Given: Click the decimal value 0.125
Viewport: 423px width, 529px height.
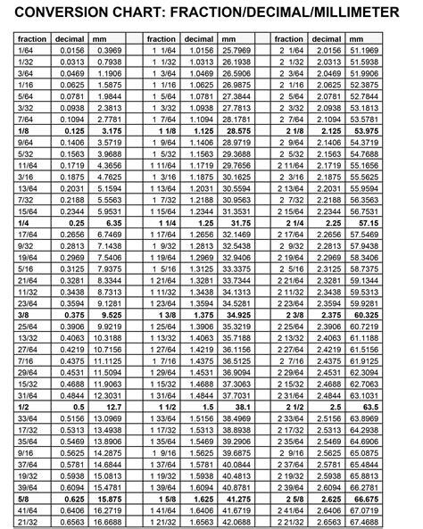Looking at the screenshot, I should (72, 130).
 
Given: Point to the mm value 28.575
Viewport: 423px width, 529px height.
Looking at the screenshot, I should (235, 130).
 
